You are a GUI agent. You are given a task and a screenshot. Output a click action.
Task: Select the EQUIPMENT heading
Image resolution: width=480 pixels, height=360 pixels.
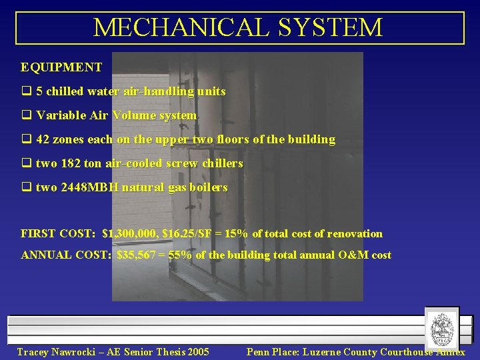point(61,67)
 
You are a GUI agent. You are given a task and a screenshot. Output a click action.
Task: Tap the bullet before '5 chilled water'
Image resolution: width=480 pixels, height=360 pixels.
point(26,91)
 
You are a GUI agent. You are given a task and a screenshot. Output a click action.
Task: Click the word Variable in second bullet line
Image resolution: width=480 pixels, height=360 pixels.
point(55,115)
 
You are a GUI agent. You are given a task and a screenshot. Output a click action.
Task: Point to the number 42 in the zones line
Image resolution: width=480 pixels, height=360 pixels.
point(43,139)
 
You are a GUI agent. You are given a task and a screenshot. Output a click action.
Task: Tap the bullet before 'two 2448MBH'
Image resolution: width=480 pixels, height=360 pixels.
point(26,187)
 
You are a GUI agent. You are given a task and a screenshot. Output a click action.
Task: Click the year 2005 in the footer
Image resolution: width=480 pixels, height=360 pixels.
point(197,352)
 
